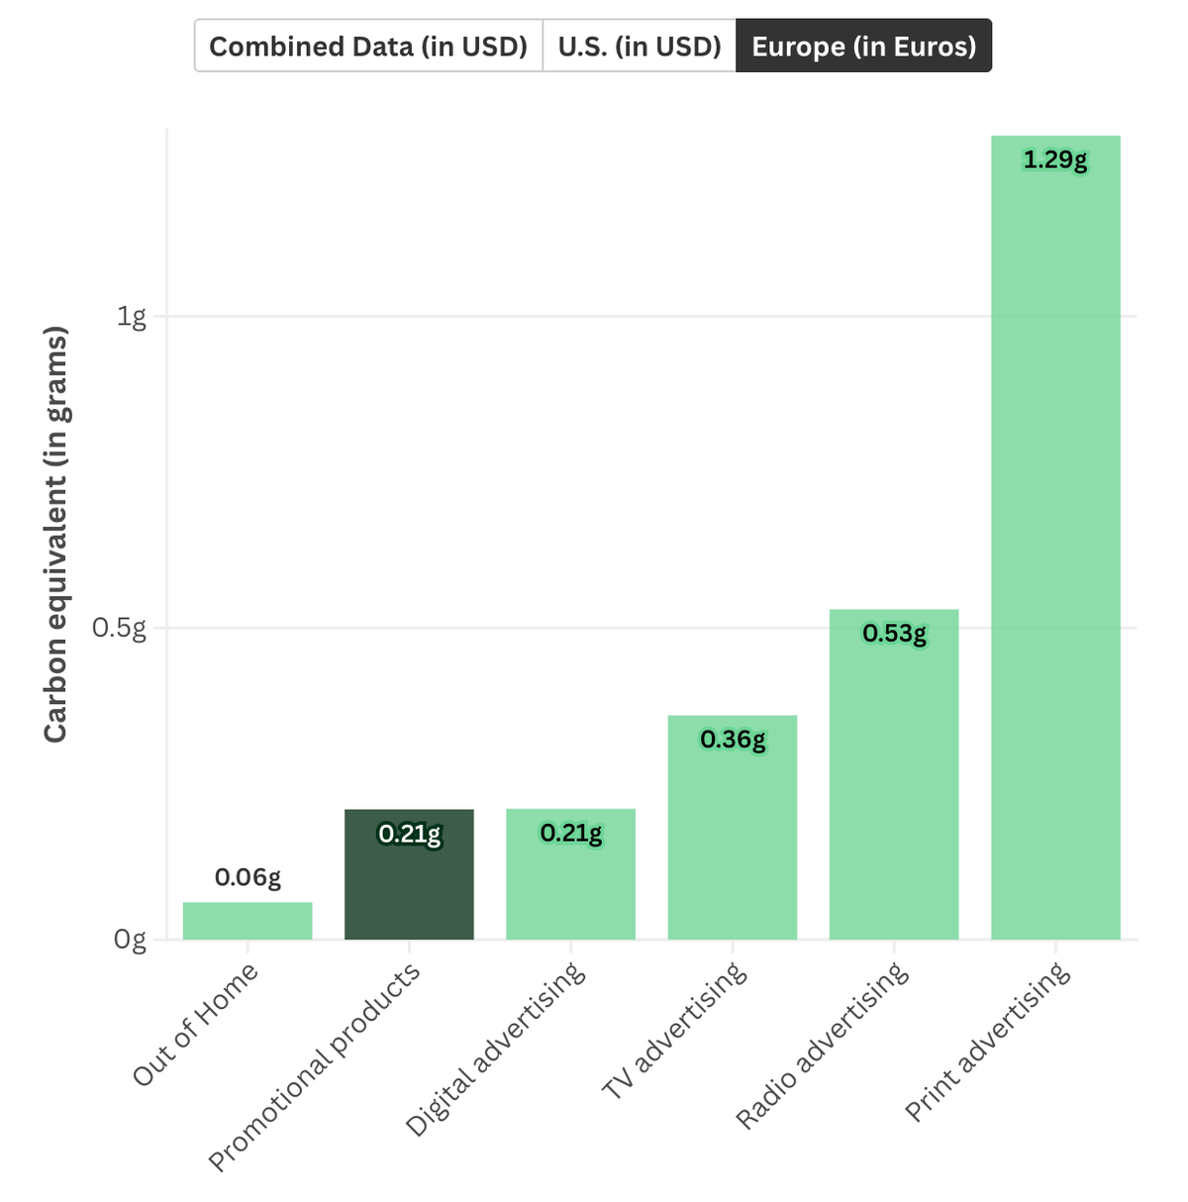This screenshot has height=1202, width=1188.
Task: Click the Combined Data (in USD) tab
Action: pyautogui.click(x=368, y=46)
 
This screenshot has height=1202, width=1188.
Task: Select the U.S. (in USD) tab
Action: pyautogui.click(x=640, y=46)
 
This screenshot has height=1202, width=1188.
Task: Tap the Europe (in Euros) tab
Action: pyautogui.click(x=864, y=46)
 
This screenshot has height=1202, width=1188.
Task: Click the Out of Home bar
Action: pyautogui.click(x=247, y=920)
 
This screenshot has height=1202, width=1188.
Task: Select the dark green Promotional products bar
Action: pyautogui.click(x=409, y=874)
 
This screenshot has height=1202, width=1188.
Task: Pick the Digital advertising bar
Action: pyautogui.click(x=571, y=874)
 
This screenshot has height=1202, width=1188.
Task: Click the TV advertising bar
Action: pyautogui.click(x=733, y=827)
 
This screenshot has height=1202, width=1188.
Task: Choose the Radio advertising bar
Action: pyautogui.click(x=894, y=774)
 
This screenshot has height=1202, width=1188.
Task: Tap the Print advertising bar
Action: pyautogui.click(x=1055, y=537)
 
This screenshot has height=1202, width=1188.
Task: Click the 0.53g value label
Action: pyautogui.click(x=894, y=634)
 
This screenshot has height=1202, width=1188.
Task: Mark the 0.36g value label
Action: pyautogui.click(x=733, y=740)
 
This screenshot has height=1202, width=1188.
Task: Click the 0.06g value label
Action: pyautogui.click(x=247, y=877)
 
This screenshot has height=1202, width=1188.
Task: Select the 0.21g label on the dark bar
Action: pyautogui.click(x=409, y=834)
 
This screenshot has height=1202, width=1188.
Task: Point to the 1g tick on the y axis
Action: pyautogui.click(x=131, y=317)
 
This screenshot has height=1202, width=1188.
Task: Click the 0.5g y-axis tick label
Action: pyautogui.click(x=119, y=629)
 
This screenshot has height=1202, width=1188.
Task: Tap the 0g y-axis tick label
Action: pyautogui.click(x=130, y=940)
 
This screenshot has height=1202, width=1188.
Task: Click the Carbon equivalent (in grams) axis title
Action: pyautogui.click(x=55, y=534)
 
